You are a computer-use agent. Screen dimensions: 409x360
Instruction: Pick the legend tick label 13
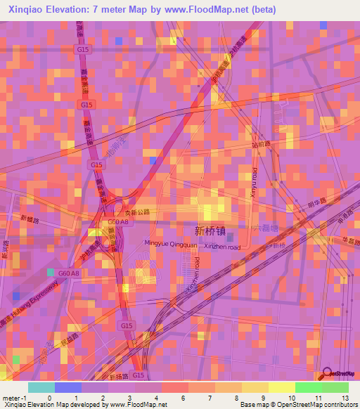point(344,397)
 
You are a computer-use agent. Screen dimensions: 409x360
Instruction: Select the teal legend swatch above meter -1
point(41,387)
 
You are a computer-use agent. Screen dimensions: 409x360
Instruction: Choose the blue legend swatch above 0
point(67,387)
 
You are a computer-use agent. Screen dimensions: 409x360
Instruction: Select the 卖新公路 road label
point(139,209)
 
